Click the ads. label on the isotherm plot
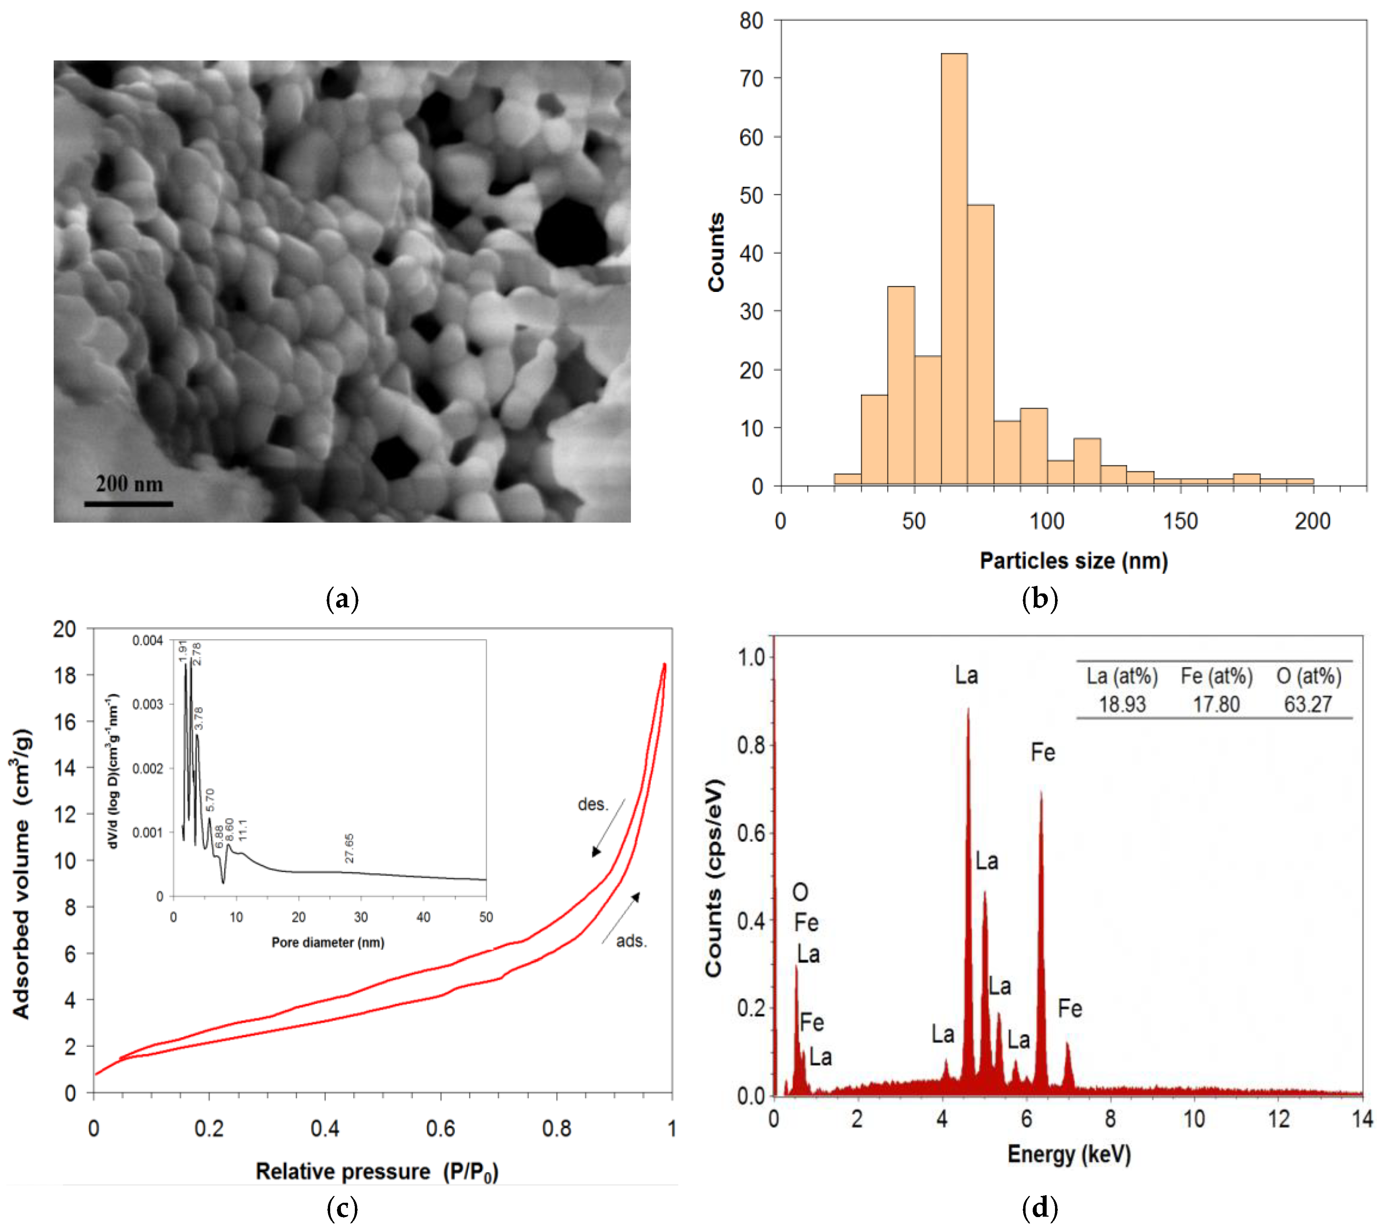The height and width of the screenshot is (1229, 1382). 631,941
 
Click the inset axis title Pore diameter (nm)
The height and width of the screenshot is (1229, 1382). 328,942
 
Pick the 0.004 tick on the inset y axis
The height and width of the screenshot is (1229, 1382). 148,640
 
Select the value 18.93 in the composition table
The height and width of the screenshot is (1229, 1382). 1122,704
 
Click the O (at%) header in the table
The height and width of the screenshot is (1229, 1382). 1308,676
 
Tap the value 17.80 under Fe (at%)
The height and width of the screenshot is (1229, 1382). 1216,704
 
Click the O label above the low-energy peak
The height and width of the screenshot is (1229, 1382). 800,893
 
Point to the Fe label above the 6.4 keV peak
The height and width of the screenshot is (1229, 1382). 1043,753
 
